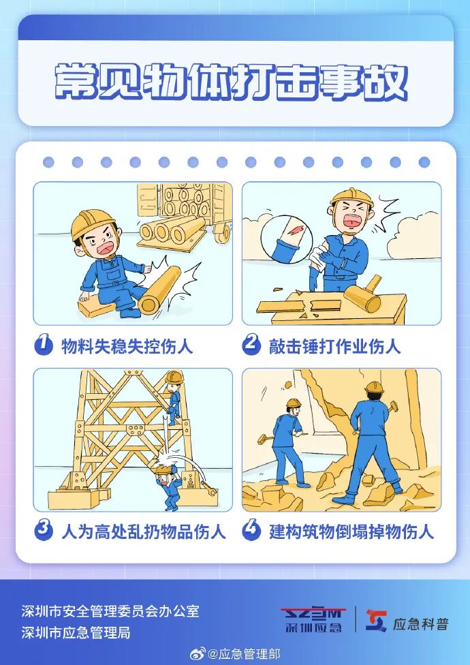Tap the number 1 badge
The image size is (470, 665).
tap(44, 345)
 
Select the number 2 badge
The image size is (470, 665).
tap(252, 345)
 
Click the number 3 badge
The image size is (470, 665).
tap(44, 530)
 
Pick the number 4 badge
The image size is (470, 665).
tap(252, 530)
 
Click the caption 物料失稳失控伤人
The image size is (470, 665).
tap(127, 346)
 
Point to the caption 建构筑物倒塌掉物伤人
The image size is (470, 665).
tap(351, 531)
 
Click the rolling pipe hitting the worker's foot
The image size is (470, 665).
tap(161, 290)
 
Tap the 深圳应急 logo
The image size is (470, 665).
tap(313, 619)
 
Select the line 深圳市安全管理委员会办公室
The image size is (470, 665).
tap(110, 611)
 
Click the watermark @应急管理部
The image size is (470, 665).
tap(242, 654)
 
